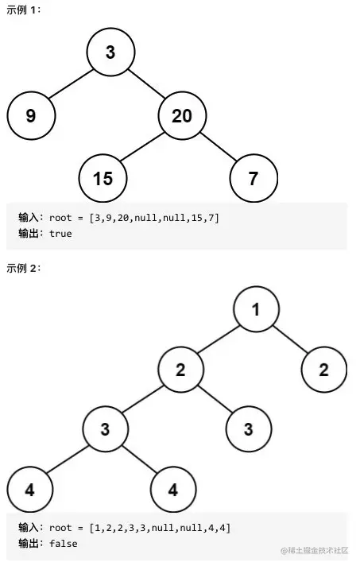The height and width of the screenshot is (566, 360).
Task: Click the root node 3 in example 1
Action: click(x=110, y=53)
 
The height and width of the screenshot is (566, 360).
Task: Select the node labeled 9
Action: click(x=31, y=116)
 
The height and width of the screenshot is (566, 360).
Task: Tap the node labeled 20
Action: click(x=182, y=116)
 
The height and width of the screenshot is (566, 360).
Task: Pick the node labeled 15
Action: click(x=103, y=178)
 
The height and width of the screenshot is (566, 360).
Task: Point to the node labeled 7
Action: click(x=254, y=178)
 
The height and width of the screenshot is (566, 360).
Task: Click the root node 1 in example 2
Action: click(x=256, y=309)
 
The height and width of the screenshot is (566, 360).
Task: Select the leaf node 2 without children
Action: click(x=323, y=369)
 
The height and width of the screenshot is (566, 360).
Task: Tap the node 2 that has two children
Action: click(x=180, y=369)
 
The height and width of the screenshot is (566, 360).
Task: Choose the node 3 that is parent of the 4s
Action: click(x=105, y=429)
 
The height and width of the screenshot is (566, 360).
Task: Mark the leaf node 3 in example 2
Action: click(x=249, y=429)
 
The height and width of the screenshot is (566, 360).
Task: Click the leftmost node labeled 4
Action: click(x=30, y=489)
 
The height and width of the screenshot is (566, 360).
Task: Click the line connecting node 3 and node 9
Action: click(x=71, y=84)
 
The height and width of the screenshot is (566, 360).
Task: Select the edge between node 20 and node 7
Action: click(x=218, y=147)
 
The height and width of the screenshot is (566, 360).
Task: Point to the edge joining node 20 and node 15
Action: click(x=143, y=147)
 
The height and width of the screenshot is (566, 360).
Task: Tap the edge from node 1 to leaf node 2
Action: click(x=290, y=339)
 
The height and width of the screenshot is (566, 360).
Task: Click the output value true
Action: click(x=60, y=234)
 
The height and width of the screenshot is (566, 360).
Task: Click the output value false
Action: click(x=64, y=544)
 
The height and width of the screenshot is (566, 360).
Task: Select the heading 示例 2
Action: click(x=23, y=268)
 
